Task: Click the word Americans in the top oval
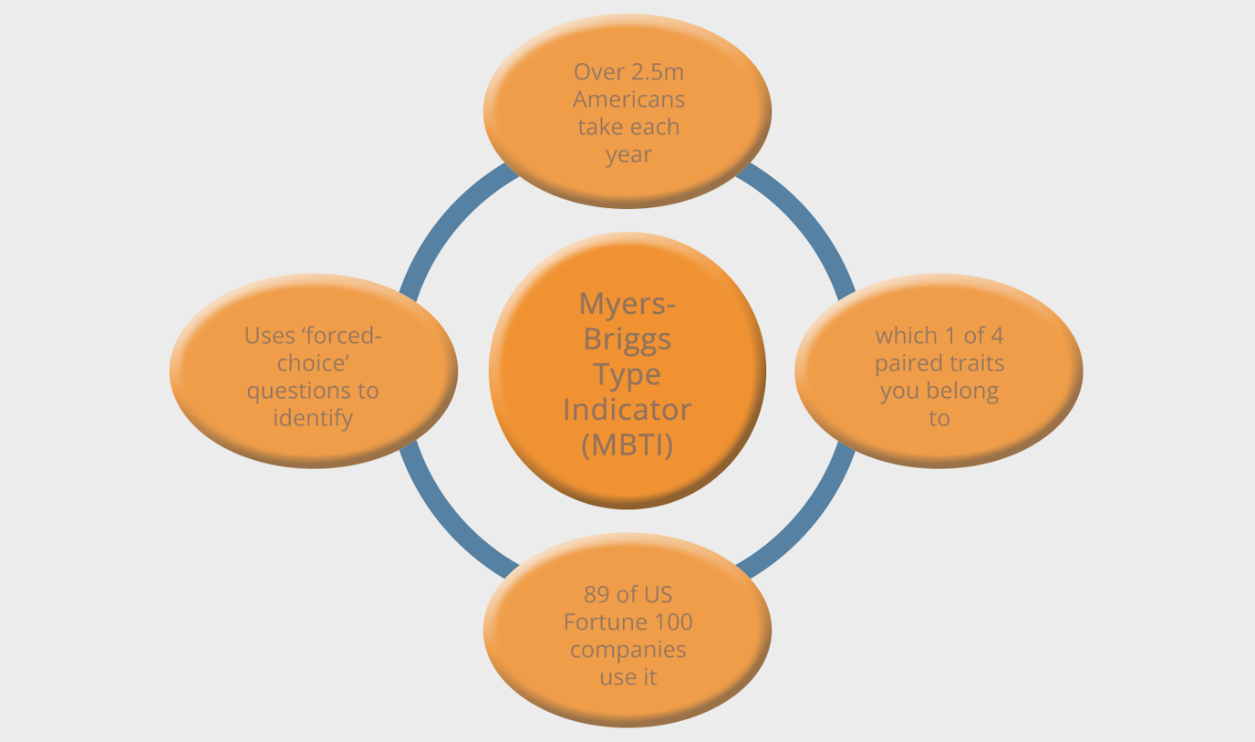[x=628, y=99]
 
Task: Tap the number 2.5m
[x=657, y=71]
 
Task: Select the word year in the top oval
[x=628, y=154]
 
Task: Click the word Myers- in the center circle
[x=627, y=302]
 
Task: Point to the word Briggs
[x=627, y=339]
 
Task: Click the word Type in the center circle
[x=627, y=373]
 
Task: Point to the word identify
[x=313, y=418]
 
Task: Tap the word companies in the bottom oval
[x=627, y=650]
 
